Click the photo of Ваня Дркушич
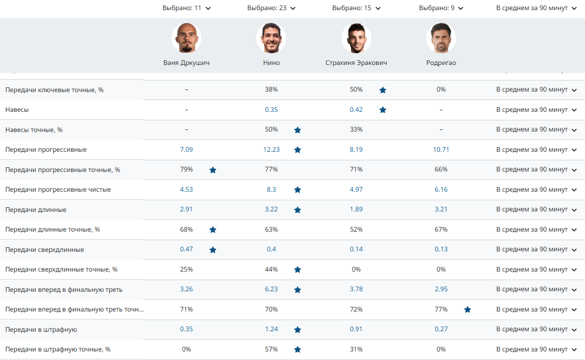coord(186,38)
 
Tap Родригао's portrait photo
coord(441,38)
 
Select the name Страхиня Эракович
coord(356,63)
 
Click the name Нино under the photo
coord(271,63)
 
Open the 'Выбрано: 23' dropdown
coord(271,8)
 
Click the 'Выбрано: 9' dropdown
coord(441,8)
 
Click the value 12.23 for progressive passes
coord(271,150)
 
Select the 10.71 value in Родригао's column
coord(441,150)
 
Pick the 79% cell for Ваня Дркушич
coord(186,169)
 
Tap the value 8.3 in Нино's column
coord(271,190)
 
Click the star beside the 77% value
coord(467,309)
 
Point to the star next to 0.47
coord(213,250)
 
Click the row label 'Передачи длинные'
coord(36,210)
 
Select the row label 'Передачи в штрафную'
coord(41,330)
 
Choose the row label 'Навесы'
coord(17,110)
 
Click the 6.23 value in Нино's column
coord(271,290)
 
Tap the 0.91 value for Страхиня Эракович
coord(356,329)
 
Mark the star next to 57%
coord(297,349)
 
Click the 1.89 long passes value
coord(356,209)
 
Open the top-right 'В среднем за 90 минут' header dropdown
coord(536,8)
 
